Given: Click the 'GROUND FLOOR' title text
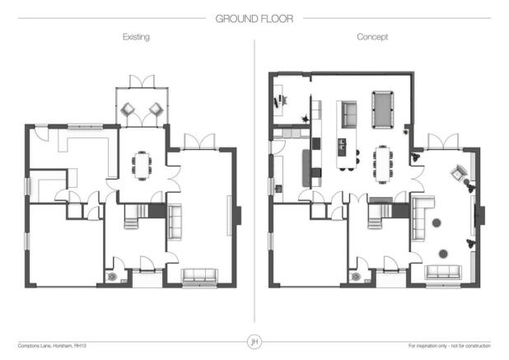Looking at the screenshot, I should [254, 16].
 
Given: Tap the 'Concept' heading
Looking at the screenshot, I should [372, 38].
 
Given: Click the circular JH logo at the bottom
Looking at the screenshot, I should [254, 341].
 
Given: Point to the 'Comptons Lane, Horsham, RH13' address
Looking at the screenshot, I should [52, 345].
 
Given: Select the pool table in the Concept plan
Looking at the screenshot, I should [384, 109].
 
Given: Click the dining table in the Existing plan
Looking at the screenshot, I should [142, 165].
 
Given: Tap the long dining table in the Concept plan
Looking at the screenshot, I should [383, 163].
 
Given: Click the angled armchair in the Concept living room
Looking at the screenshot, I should [458, 173].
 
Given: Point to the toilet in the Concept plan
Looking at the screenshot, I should [356, 277].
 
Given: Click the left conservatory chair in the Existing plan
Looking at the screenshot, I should [130, 109].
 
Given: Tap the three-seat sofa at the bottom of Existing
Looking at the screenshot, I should [198, 276].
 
